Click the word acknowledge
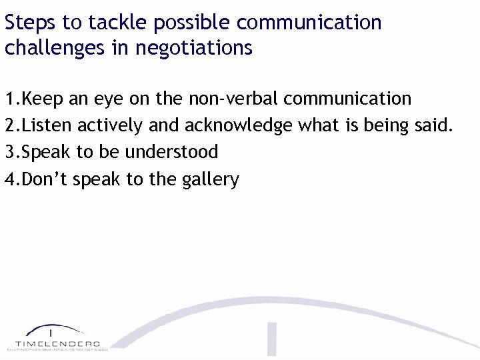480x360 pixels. tap(238, 126)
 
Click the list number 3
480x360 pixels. tap(10, 152)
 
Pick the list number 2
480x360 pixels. tap(10, 125)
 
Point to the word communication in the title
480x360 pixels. tap(309, 23)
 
